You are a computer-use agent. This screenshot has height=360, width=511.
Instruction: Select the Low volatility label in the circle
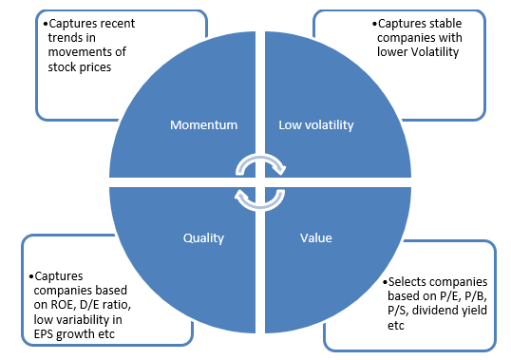(x=317, y=125)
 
